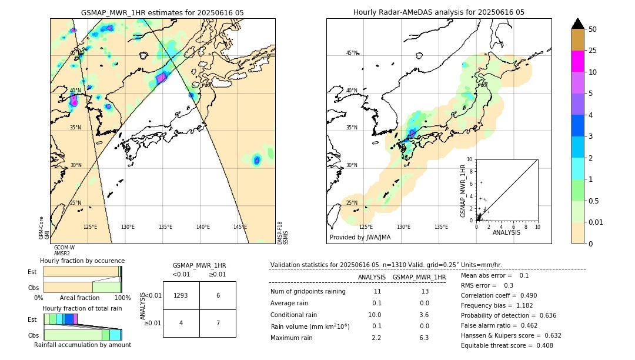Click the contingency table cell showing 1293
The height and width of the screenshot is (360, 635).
(x=181, y=295)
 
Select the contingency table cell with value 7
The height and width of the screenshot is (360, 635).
(x=218, y=323)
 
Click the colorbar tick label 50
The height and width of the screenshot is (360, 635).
(x=593, y=29)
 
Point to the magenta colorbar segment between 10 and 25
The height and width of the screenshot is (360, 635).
(x=578, y=61)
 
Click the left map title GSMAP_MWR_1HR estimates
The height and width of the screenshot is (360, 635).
(x=162, y=12)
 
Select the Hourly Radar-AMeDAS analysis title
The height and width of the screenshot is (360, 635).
(x=439, y=12)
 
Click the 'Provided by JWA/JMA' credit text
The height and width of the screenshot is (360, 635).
(x=360, y=238)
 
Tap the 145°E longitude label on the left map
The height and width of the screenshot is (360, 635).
(x=240, y=227)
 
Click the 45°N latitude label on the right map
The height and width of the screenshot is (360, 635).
(x=352, y=53)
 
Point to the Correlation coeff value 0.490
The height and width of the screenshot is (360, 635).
(x=526, y=295)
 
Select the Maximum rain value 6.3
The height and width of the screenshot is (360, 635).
(x=425, y=338)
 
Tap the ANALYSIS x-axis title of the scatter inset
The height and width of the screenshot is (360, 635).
(x=506, y=232)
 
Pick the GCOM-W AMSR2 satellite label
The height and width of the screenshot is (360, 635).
(x=63, y=250)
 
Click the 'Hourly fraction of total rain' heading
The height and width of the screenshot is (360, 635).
(x=82, y=308)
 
